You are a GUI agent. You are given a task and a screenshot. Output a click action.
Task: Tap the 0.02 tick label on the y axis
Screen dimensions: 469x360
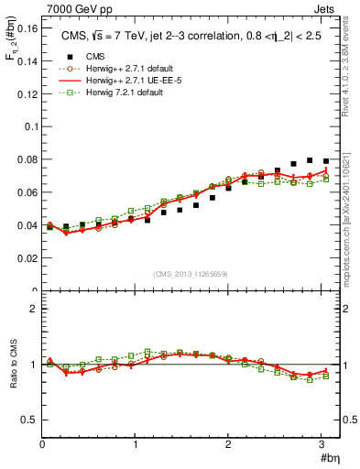click(x=27, y=258)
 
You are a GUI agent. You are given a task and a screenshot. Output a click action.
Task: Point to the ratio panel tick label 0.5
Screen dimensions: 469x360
click(x=28, y=420)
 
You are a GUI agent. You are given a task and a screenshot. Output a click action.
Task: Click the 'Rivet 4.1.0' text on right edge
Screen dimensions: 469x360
click(x=350, y=73)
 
